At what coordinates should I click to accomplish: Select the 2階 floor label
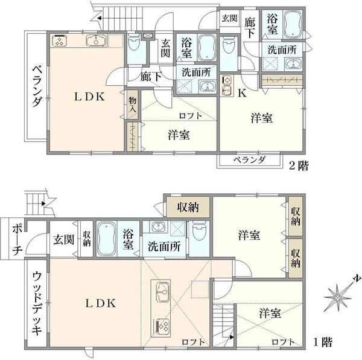pos(299,166)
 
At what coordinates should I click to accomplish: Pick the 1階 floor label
pos(323,342)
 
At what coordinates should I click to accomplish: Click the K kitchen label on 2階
pos(243,93)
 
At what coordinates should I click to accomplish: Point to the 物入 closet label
pos(133,105)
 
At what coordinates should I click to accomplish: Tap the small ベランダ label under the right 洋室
pos(249,159)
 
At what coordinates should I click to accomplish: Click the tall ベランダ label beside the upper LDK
pos(37,86)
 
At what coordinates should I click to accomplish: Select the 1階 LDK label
pos(101,303)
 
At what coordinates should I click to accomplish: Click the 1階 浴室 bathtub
pos(106,239)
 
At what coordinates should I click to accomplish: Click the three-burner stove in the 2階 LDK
pos(60,41)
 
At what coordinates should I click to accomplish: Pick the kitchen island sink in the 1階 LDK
pos(162,292)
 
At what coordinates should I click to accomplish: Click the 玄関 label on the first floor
pos(64,240)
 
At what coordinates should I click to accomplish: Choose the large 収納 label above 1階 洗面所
pos(188,207)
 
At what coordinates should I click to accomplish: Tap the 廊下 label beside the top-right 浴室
pos(250,28)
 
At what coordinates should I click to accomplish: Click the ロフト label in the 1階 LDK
pos(193,342)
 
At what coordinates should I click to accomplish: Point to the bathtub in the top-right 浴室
pos(293,24)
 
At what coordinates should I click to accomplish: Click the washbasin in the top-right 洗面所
pos(293,64)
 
